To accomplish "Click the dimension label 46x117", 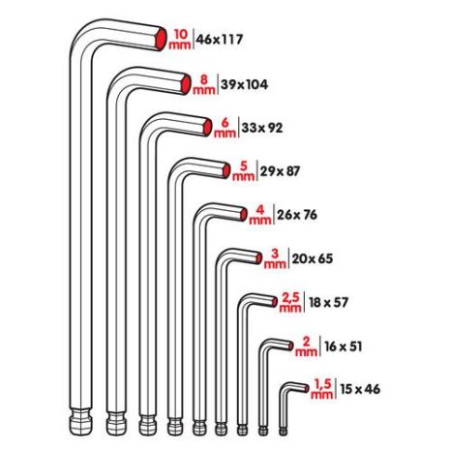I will pyautogui.click(x=220, y=41).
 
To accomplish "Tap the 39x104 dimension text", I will pyautogui.click(x=244, y=84).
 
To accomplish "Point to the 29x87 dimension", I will pyautogui.click(x=282, y=170).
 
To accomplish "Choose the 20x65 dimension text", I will pyautogui.click(x=311, y=256).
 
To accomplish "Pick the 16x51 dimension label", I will pyautogui.click(x=338, y=345).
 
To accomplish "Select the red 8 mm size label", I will pyautogui.click(x=204, y=83).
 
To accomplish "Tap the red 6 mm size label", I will pyautogui.click(x=225, y=127).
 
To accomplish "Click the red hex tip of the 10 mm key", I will pyautogui.click(x=160, y=40).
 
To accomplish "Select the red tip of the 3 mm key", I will pyautogui.click(x=254, y=257).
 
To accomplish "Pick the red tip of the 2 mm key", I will pyautogui.click(x=286, y=345).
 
